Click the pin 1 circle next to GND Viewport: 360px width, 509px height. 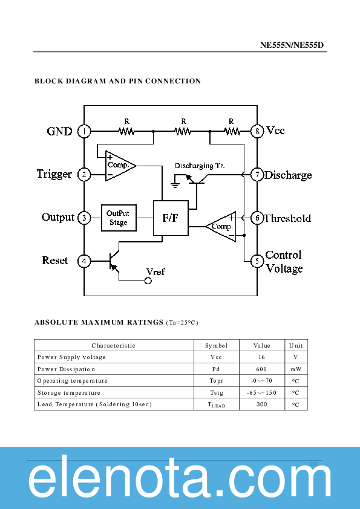[85, 131]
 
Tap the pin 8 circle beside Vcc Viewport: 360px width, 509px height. [257, 131]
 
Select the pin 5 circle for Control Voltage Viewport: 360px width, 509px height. [257, 261]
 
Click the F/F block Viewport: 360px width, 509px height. [170, 218]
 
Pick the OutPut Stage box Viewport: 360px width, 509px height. [119, 218]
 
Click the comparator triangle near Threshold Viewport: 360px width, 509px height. [223, 227]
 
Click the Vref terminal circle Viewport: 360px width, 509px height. [147, 280]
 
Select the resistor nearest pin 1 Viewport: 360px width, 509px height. [126, 131]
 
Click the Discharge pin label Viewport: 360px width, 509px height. [288, 175]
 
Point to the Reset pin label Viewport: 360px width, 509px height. [55, 261]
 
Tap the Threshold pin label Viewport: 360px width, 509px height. [287, 218]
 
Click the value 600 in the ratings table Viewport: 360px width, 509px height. [262, 369]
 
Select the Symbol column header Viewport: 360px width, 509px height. [217, 345]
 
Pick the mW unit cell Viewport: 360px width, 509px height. [296, 369]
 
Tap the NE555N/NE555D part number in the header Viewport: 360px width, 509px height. [292, 45]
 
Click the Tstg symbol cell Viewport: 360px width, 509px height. [217, 392]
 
